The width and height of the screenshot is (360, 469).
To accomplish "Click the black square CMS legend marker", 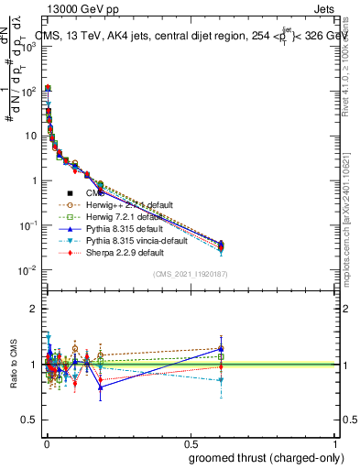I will (x=70, y=193).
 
